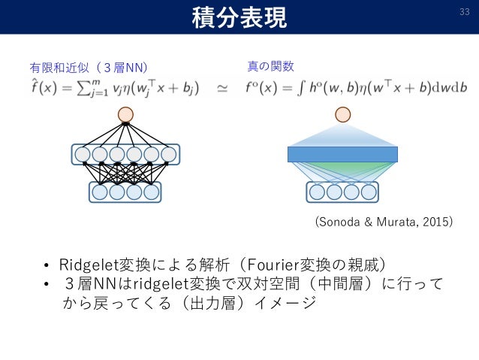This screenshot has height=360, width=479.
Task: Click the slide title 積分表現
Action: click(239, 17)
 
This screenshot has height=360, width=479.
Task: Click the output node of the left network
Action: click(125, 114)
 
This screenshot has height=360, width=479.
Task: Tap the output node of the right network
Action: click(342, 114)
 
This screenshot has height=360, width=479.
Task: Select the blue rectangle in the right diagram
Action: click(342, 154)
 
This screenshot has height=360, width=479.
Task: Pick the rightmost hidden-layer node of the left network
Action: click(168, 155)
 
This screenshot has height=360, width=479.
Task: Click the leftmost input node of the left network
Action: click(100, 192)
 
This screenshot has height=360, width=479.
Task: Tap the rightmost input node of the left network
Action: click(152, 192)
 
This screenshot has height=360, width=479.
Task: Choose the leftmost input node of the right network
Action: click(317, 192)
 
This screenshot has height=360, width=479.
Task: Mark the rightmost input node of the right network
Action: click(368, 192)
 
